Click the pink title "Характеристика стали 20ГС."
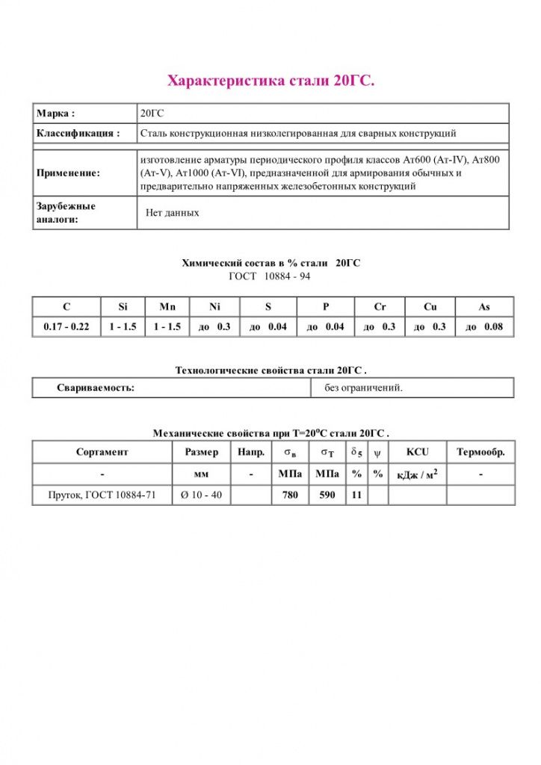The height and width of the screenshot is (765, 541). pyautogui.click(x=270, y=81)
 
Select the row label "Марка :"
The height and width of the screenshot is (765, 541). pyautogui.click(x=55, y=114)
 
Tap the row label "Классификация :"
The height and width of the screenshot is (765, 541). pyautogui.click(x=78, y=134)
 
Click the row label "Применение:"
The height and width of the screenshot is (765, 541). pyautogui.click(x=68, y=173)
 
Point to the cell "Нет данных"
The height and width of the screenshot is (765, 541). pyautogui.click(x=173, y=213)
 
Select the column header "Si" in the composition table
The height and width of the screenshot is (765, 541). pyautogui.click(x=123, y=306)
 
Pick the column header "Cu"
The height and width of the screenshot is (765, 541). pyautogui.click(x=430, y=306)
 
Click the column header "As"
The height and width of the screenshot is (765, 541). pyautogui.click(x=483, y=306)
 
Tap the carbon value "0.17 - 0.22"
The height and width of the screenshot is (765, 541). pyautogui.click(x=67, y=327)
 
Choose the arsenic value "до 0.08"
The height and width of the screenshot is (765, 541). pyautogui.click(x=483, y=327)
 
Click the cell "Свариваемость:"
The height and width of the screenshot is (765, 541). pyautogui.click(x=96, y=388)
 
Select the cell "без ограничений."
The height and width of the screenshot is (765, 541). pyautogui.click(x=363, y=388)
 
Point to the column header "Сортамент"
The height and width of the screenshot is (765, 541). pyautogui.click(x=102, y=452)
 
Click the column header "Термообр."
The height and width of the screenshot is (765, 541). pyautogui.click(x=480, y=452)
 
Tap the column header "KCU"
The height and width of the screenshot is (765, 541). pyautogui.click(x=417, y=452)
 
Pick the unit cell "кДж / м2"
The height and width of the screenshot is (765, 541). pyautogui.click(x=417, y=474)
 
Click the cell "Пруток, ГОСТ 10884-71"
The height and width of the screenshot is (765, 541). pyautogui.click(x=102, y=495)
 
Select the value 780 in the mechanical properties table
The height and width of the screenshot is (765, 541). pyautogui.click(x=290, y=495)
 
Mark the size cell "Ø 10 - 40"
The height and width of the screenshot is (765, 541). pyautogui.click(x=201, y=495)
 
